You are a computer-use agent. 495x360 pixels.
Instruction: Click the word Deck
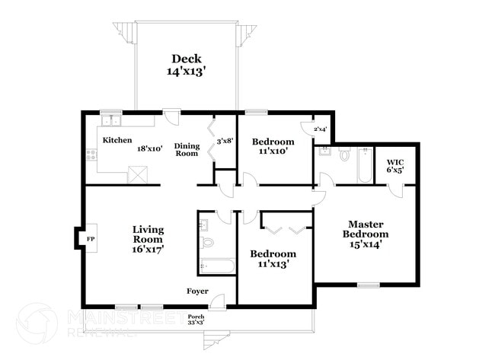pyautogui.click(x=187, y=59)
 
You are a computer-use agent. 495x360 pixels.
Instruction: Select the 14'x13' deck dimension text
pyautogui.click(x=187, y=72)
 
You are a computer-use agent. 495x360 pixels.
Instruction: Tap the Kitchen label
pyautogui.click(x=118, y=141)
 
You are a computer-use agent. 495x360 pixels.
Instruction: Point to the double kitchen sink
pyautogui.click(x=112, y=120)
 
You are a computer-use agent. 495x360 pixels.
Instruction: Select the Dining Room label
pyautogui.click(x=187, y=150)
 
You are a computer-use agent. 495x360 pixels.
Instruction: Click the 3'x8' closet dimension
pyautogui.click(x=225, y=141)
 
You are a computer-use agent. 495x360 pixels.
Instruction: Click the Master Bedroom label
pyautogui.click(x=369, y=234)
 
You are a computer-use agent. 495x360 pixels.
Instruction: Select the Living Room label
pyautogui.click(x=148, y=238)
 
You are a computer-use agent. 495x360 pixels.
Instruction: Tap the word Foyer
pyautogui.click(x=198, y=292)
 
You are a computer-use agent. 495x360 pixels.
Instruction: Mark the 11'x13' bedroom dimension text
pyautogui.click(x=273, y=264)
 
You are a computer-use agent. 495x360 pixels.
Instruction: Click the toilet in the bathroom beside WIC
pyautogui.click(x=343, y=156)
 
